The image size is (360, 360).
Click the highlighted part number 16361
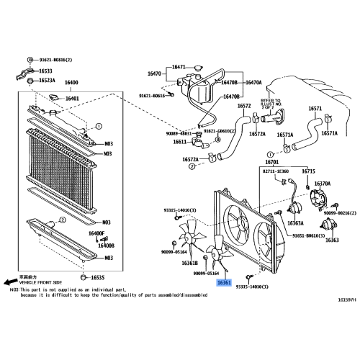(x=224, y=284)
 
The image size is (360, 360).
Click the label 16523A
(x=47, y=80)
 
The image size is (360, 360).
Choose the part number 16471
(x=178, y=67)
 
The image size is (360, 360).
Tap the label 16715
(x=308, y=171)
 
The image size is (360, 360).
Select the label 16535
(x=98, y=277)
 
